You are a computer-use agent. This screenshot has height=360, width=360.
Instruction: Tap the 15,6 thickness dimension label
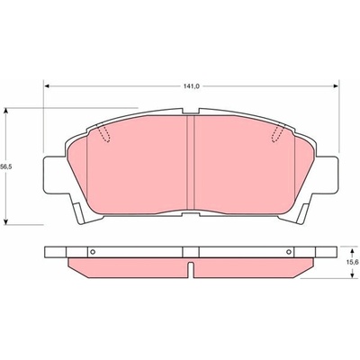tap(354, 262)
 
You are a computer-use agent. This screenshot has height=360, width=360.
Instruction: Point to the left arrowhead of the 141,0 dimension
tap(47, 86)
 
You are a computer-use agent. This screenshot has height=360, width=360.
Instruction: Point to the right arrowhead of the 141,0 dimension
tap(336, 86)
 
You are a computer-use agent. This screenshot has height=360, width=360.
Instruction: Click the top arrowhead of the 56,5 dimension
tap(5, 111)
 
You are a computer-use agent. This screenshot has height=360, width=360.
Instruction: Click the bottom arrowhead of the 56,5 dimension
tap(5, 221)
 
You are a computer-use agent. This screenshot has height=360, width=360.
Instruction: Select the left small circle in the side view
tap(93, 252)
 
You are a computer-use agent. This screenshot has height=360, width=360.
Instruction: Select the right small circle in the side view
tap(289, 252)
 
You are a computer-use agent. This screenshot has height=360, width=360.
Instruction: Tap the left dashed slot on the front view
tap(103, 133)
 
